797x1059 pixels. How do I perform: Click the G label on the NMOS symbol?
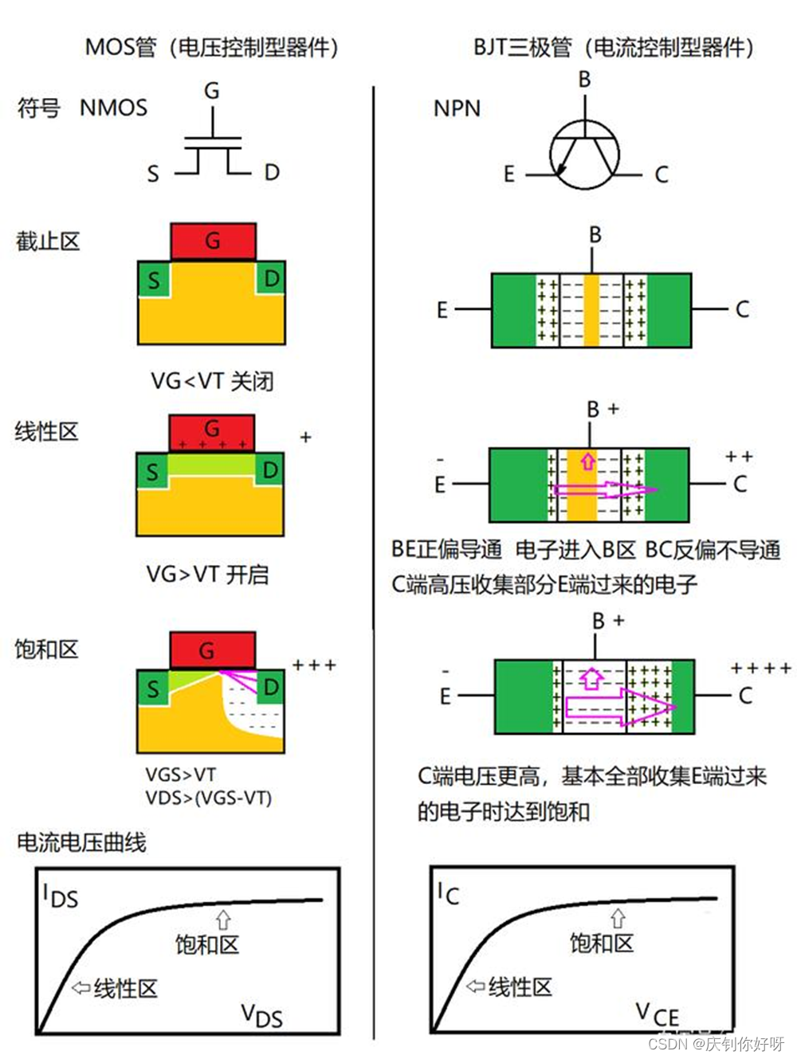(x=212, y=90)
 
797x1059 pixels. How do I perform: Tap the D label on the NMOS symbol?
(x=272, y=172)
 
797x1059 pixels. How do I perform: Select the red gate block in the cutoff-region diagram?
(x=214, y=241)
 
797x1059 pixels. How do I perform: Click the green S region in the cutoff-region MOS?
(x=154, y=280)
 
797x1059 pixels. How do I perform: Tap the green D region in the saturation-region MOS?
(x=271, y=687)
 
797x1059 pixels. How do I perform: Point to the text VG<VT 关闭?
(x=212, y=381)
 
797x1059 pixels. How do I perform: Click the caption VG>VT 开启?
(x=207, y=575)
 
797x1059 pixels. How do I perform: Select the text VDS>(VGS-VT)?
(x=209, y=798)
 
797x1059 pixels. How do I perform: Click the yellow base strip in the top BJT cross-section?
(x=591, y=311)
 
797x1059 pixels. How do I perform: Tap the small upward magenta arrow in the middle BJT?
(x=587, y=461)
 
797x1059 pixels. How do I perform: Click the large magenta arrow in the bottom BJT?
(x=620, y=708)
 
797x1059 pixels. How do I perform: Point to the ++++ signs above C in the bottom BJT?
(x=761, y=669)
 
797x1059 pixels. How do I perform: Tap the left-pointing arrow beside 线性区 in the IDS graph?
(x=81, y=988)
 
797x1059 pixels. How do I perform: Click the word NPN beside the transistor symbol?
(x=457, y=108)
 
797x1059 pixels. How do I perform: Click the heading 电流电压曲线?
(x=81, y=843)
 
